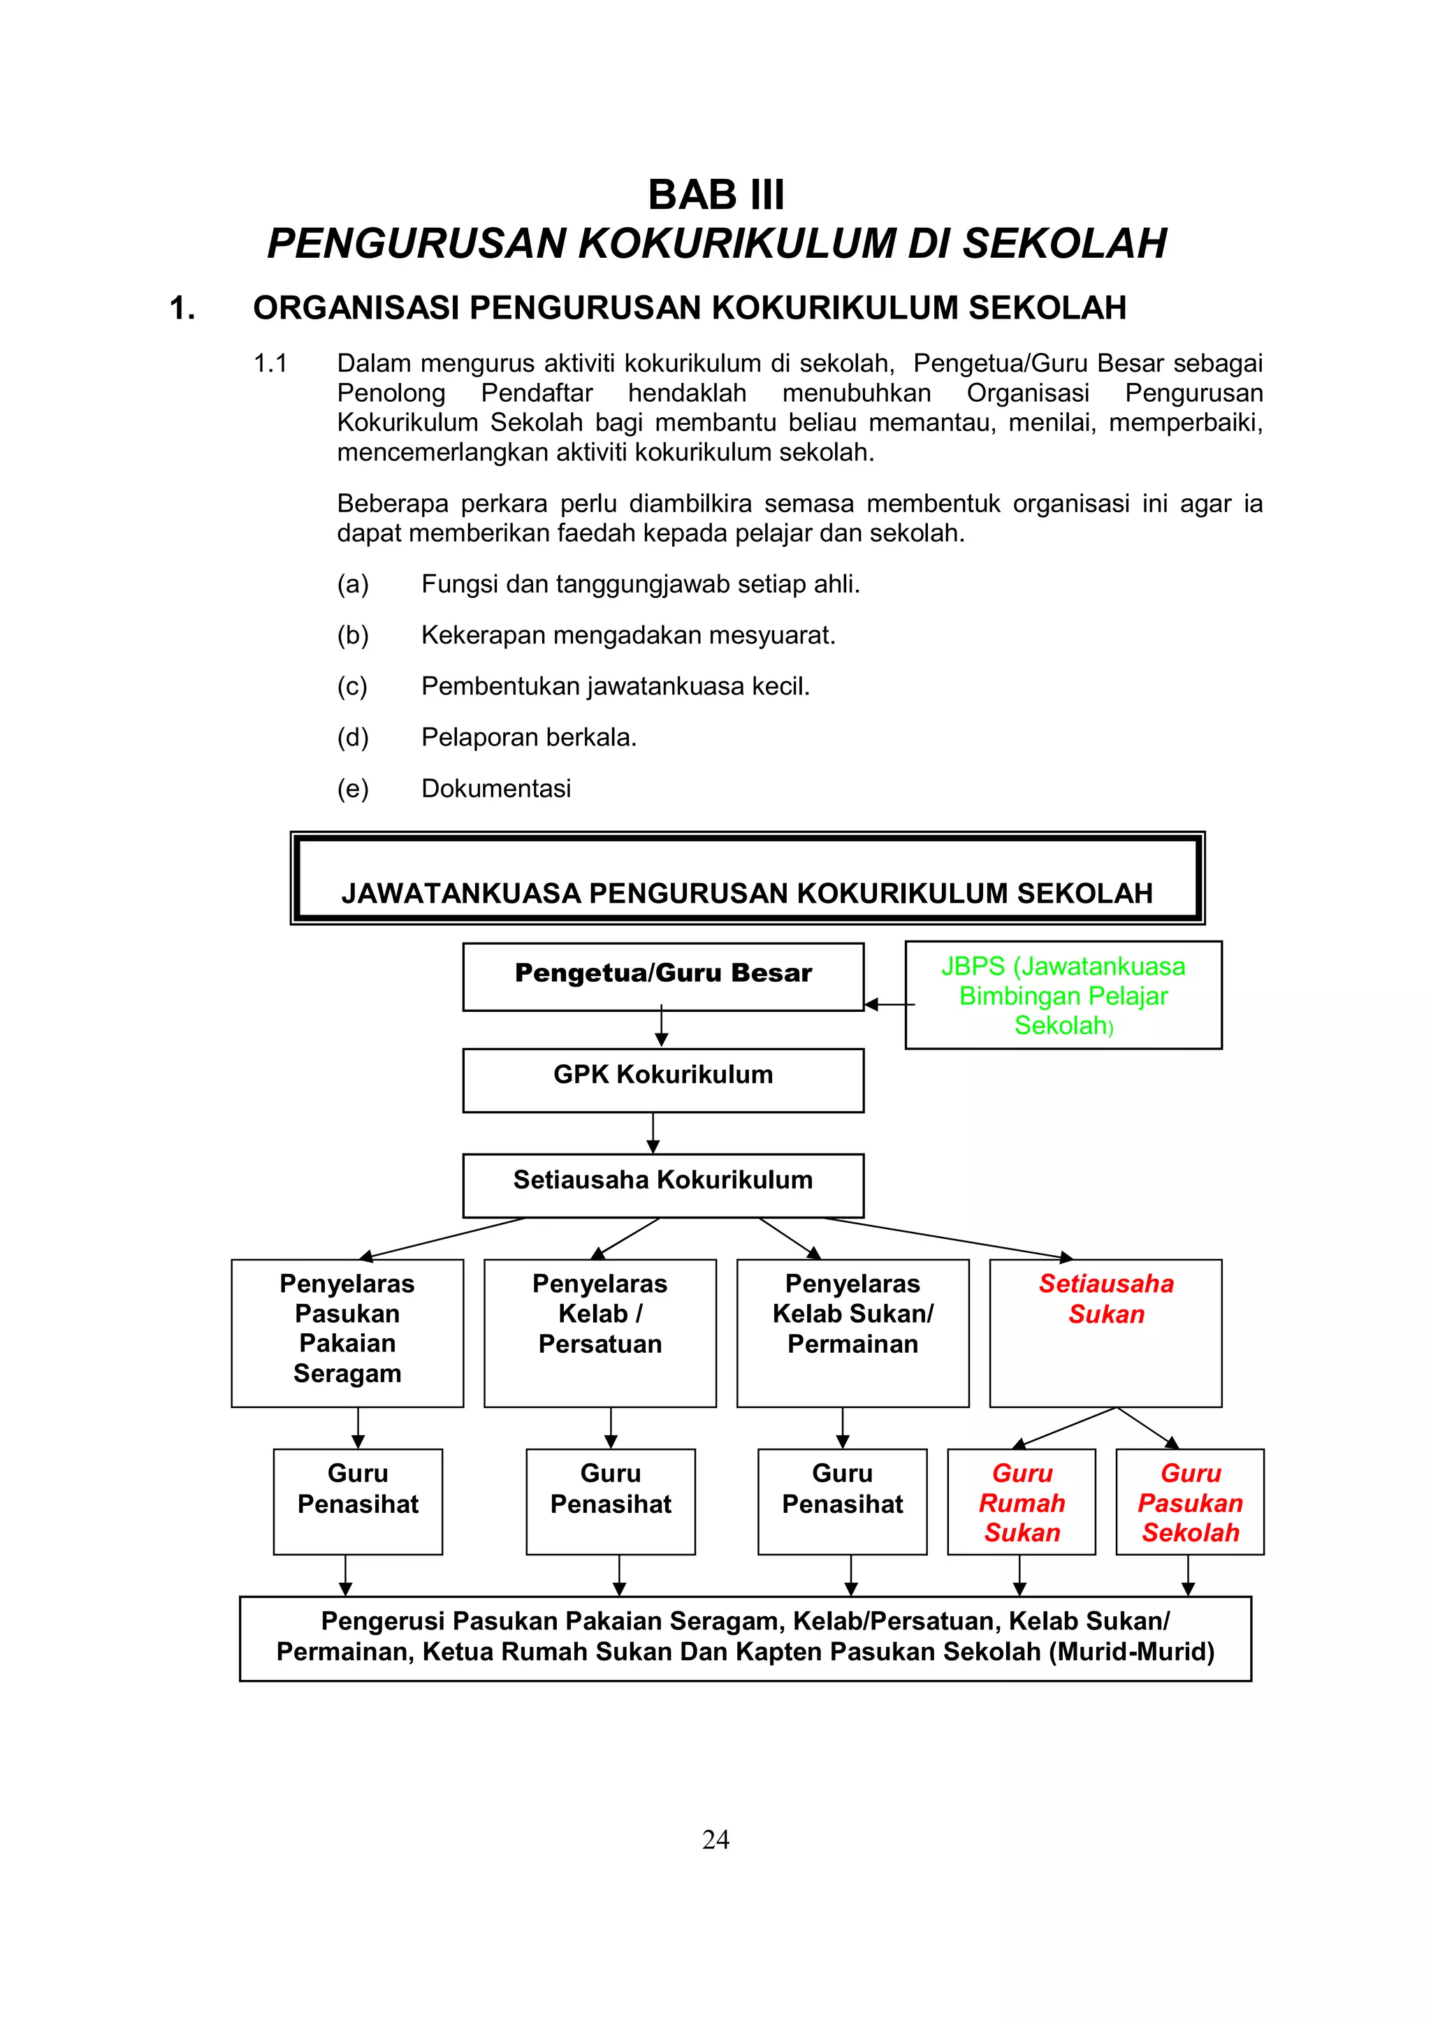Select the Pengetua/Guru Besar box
coord(663,976)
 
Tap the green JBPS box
coord(1063,995)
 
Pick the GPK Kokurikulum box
coord(663,1080)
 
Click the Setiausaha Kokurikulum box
coord(663,1184)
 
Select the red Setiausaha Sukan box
coord(1105,1332)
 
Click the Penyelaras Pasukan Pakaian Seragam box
coord(347,1332)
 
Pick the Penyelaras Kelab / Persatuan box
coord(600,1332)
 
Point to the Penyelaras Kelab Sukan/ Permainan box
coord(852,1332)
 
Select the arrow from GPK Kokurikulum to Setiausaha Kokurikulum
coord(653,1133)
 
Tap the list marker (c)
coord(353,686)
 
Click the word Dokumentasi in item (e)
coord(495,788)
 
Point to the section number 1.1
coord(270,363)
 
